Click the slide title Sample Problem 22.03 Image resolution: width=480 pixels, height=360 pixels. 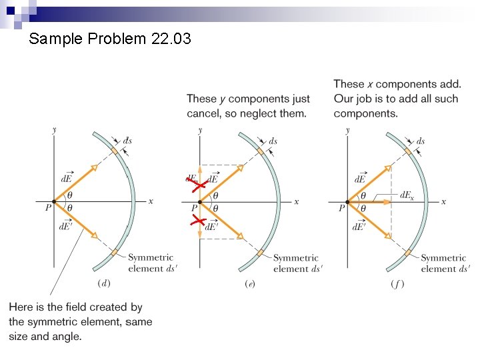point(110,39)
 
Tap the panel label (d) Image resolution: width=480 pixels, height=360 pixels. point(104,283)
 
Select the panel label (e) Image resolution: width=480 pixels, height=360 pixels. point(249,283)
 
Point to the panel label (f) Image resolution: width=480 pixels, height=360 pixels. point(397,283)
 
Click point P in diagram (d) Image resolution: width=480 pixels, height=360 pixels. point(54,201)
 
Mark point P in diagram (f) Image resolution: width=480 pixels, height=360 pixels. point(347,201)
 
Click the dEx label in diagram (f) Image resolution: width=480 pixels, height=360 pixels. point(406,195)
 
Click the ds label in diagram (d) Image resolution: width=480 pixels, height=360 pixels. point(127,141)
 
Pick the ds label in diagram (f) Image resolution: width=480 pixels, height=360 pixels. point(420,141)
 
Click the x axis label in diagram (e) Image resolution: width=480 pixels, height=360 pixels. point(297,201)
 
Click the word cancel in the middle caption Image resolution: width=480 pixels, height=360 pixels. point(203,113)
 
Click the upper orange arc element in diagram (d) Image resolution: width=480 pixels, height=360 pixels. point(115,152)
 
